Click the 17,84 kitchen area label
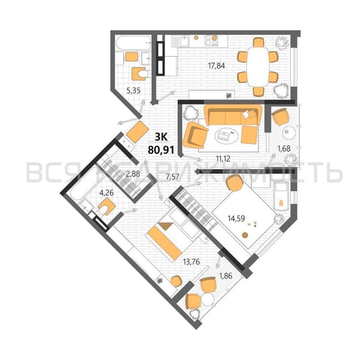[x=217, y=66]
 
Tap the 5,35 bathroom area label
[x=133, y=91]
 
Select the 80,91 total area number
[x=161, y=150]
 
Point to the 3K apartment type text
[x=161, y=137]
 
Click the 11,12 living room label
[x=223, y=158]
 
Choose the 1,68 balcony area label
[x=284, y=149]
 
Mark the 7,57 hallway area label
[x=172, y=177]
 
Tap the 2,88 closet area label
[x=133, y=174]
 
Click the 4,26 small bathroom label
[x=107, y=193]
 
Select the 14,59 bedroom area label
[x=236, y=218]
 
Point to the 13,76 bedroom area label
[x=192, y=261]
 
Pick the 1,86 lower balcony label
[x=225, y=276]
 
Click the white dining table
[x=258, y=67]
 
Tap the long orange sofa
[x=233, y=115]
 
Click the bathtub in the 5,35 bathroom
[x=133, y=44]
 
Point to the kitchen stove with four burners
[x=211, y=40]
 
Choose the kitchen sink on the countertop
[x=185, y=41]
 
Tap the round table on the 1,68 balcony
[x=289, y=132]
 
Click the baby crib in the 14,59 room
[x=280, y=196]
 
